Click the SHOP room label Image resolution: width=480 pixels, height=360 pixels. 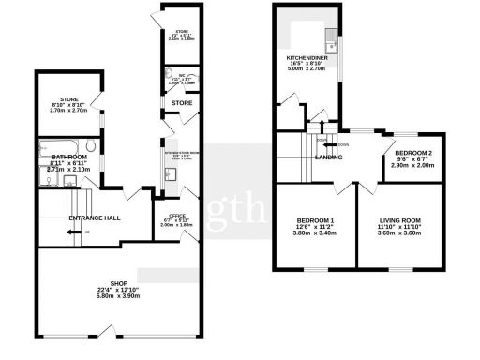click(118, 282)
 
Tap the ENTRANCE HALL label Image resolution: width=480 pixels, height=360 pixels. click(94, 218)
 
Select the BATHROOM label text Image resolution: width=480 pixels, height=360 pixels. click(70, 157)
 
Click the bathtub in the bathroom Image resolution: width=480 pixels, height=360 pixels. click(63, 146)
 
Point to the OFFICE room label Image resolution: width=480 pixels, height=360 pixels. click(175, 215)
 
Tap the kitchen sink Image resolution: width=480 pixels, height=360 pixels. click(331, 44)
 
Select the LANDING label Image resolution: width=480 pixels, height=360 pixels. click(328, 157)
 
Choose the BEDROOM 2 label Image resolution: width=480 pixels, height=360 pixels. click(412, 153)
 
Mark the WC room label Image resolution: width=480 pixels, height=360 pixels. click(183, 77)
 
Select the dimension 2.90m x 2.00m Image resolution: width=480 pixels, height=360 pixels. click(412, 165)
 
